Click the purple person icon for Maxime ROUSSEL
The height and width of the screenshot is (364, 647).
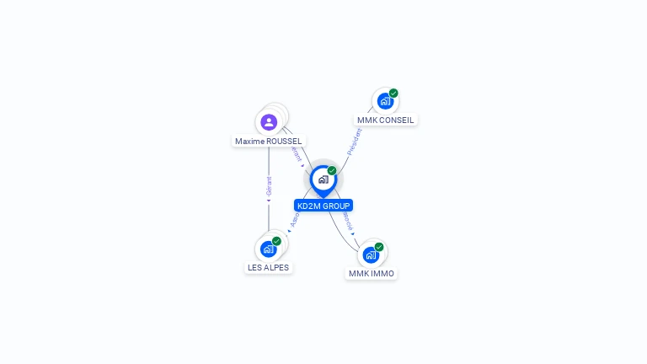[269, 122]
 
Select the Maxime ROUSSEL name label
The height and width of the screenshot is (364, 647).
[268, 142]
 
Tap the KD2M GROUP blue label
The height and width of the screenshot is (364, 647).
[323, 206]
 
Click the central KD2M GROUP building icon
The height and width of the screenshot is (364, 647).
[323, 179]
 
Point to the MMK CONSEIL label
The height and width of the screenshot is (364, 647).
[385, 120]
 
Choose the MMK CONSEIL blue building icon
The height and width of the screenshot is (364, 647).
[385, 102]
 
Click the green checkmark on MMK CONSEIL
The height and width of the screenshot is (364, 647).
[393, 94]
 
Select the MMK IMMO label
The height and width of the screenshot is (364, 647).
[372, 274]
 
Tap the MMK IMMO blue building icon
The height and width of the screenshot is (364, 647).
[371, 255]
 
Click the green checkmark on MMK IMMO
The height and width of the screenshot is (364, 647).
[379, 247]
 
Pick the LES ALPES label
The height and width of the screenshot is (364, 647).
[268, 268]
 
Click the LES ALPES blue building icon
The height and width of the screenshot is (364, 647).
[268, 249]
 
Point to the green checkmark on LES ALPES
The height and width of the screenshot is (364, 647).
[276, 241]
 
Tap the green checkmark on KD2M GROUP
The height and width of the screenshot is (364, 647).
[332, 171]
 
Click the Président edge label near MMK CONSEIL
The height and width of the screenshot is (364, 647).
[355, 142]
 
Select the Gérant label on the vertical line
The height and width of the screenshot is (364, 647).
[269, 187]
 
